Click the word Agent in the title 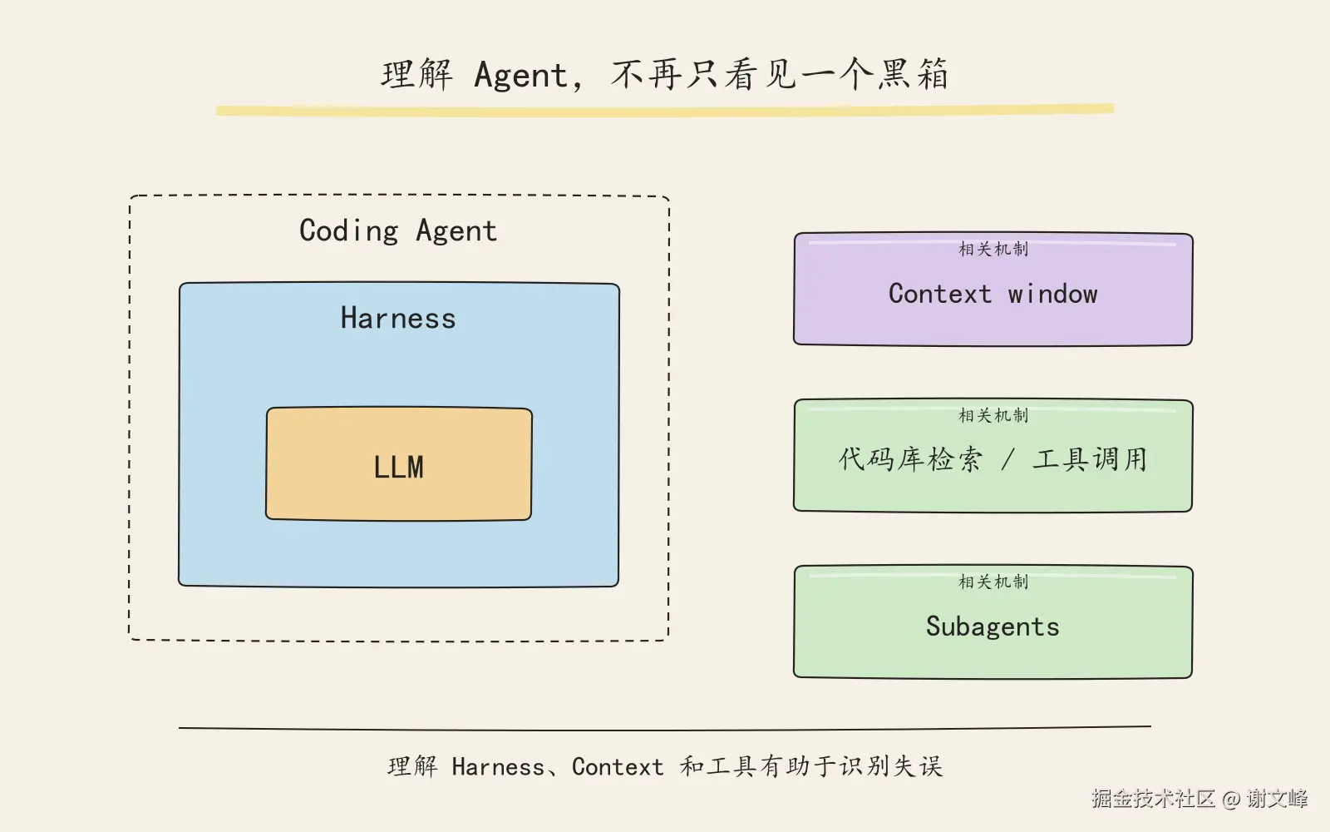[x=520, y=76]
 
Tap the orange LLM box [x=399, y=463]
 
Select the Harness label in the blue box [x=398, y=317]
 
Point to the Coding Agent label [x=398, y=230]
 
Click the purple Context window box [x=993, y=289]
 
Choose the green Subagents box [x=993, y=622]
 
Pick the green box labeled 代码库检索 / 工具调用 [x=993, y=455]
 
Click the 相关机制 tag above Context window [x=993, y=249]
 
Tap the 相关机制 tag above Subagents [x=993, y=582]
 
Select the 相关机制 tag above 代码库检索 [x=993, y=415]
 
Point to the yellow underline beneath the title [x=665, y=110]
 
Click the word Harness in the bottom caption [x=498, y=767]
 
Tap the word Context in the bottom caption [x=618, y=767]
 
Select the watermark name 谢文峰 [x=1277, y=798]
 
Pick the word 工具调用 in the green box [x=1090, y=459]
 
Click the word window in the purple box [x=1052, y=294]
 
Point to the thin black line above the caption [x=665, y=728]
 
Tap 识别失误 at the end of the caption [x=890, y=766]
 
